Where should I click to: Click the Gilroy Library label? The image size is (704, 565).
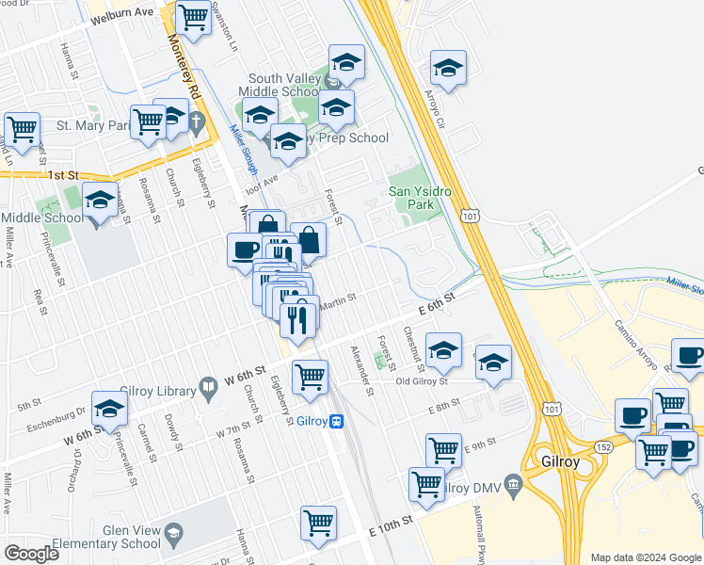click(x=159, y=390)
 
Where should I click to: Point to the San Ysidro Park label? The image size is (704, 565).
click(x=421, y=198)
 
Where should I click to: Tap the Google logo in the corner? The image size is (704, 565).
click(x=31, y=554)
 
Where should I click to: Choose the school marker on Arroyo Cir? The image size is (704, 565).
click(x=448, y=70)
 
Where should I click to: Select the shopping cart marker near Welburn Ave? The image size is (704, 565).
click(x=193, y=17)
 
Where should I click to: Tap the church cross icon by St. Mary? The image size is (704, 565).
click(x=196, y=121)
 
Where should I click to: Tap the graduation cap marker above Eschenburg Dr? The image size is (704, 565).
click(x=110, y=410)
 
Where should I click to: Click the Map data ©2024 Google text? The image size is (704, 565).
click(x=645, y=557)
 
